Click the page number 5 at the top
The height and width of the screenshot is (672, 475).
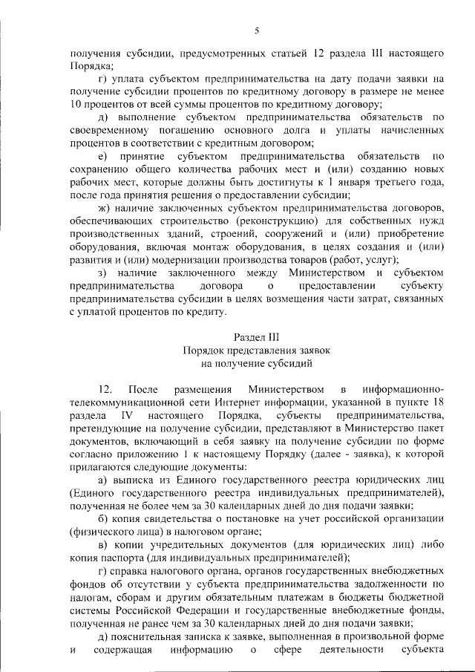[x=256, y=30]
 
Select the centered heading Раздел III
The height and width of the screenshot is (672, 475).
[x=256, y=336]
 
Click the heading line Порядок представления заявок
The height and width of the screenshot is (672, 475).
[x=256, y=350]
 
